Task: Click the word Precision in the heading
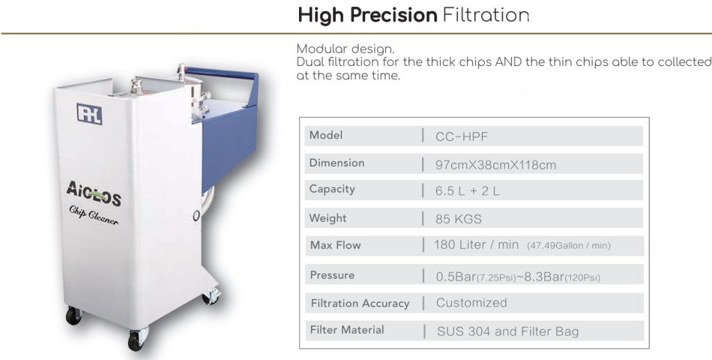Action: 394,15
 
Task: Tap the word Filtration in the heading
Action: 486,15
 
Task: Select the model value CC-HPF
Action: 462,137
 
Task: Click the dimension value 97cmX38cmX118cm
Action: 495,165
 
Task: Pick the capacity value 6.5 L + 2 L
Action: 467,191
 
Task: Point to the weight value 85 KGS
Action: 458,220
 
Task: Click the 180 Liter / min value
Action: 476,245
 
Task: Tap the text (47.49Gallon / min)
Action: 569,246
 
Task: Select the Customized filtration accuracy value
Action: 471,302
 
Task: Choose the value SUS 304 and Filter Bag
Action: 508,332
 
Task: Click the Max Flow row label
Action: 336,245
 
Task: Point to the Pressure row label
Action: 332,275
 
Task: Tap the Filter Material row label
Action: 347,329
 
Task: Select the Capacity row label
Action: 332,189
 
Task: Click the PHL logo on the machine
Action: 90,114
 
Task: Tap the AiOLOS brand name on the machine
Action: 94,193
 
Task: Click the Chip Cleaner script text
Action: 94,214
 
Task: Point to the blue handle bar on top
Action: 221,74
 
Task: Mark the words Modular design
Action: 346,49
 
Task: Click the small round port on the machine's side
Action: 196,215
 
